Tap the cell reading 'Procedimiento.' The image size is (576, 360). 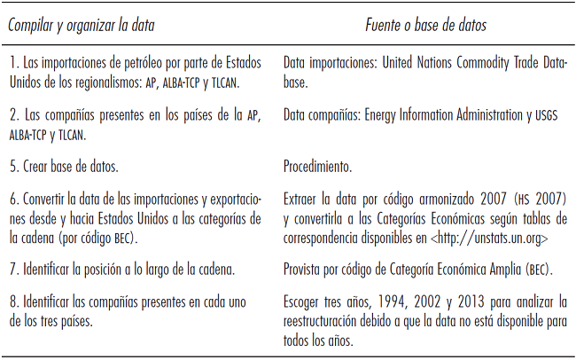(318, 166)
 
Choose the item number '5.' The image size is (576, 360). (13, 166)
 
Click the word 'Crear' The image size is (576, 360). (38, 166)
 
